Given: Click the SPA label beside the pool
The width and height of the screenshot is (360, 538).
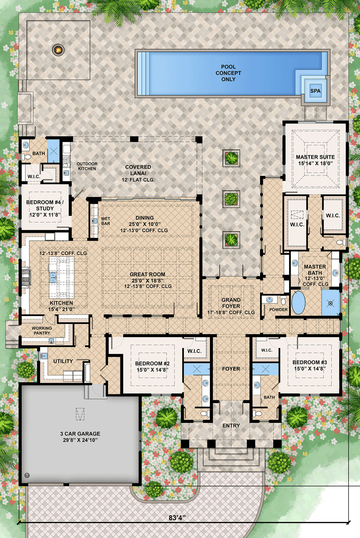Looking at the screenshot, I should (x=315, y=91).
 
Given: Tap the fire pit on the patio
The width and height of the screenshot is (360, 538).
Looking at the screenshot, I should (x=58, y=50).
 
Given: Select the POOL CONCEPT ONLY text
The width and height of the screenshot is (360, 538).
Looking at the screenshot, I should (x=228, y=73).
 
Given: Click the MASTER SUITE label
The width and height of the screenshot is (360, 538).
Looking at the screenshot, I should (x=315, y=160).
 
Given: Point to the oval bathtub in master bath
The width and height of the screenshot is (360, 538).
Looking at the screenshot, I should (x=298, y=303).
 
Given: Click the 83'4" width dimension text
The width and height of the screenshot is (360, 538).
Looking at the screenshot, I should (x=177, y=518).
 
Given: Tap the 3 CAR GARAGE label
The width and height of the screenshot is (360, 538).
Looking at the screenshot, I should (x=80, y=436).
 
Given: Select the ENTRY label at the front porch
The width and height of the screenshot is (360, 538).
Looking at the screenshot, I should (x=231, y=426).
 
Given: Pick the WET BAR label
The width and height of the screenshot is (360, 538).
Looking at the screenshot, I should (x=106, y=221).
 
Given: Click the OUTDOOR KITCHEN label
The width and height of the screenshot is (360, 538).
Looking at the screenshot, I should (x=87, y=166).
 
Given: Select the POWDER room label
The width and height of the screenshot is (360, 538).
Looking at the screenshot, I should (x=278, y=310).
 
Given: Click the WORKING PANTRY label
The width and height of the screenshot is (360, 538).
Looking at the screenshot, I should (x=42, y=331).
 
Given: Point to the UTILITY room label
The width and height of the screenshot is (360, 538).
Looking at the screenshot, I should (x=63, y=361).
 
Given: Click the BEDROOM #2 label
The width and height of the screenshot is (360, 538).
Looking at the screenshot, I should (x=152, y=367).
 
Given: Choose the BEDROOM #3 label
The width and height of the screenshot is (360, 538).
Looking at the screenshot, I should (x=310, y=365).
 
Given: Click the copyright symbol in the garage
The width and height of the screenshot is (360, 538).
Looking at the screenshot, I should (x=27, y=475).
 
